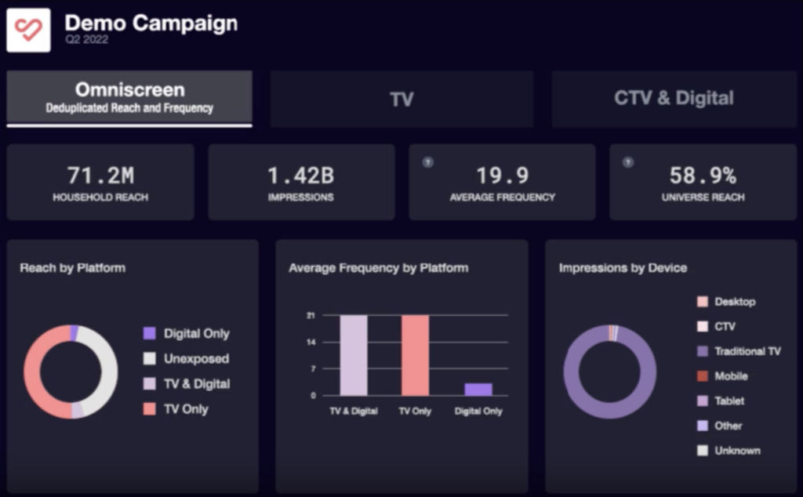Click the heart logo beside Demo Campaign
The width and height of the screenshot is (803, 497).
(x=28, y=31)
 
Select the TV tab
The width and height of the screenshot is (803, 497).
(x=401, y=99)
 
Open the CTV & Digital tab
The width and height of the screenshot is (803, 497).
(x=674, y=99)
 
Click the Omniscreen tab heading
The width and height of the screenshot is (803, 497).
(x=129, y=90)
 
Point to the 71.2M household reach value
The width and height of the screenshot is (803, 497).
(x=100, y=175)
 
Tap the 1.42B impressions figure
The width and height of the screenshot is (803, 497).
(x=301, y=175)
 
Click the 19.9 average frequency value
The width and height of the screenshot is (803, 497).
(x=502, y=175)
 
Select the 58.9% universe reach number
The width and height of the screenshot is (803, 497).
(x=703, y=175)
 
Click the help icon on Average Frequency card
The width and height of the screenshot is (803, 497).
(x=428, y=162)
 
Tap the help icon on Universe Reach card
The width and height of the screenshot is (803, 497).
(x=627, y=162)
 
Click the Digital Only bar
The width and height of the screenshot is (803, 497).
(x=478, y=389)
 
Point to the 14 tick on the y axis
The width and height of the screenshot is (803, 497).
(x=311, y=343)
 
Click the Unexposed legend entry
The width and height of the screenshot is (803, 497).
(x=196, y=359)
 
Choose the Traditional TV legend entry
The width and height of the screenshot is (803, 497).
(x=747, y=351)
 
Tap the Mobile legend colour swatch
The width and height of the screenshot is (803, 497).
(x=703, y=376)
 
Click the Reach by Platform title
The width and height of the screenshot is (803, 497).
(x=72, y=268)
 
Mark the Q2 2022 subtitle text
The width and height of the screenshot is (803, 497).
(x=86, y=40)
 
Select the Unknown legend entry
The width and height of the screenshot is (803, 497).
(x=736, y=451)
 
